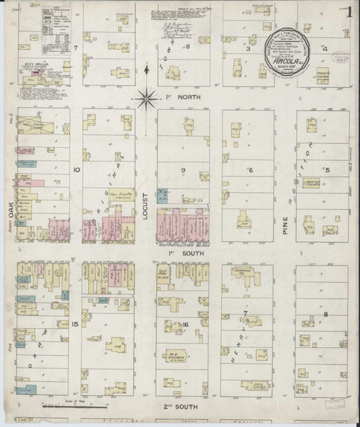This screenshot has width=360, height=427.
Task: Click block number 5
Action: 327,169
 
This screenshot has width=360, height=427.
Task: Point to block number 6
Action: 250,170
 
